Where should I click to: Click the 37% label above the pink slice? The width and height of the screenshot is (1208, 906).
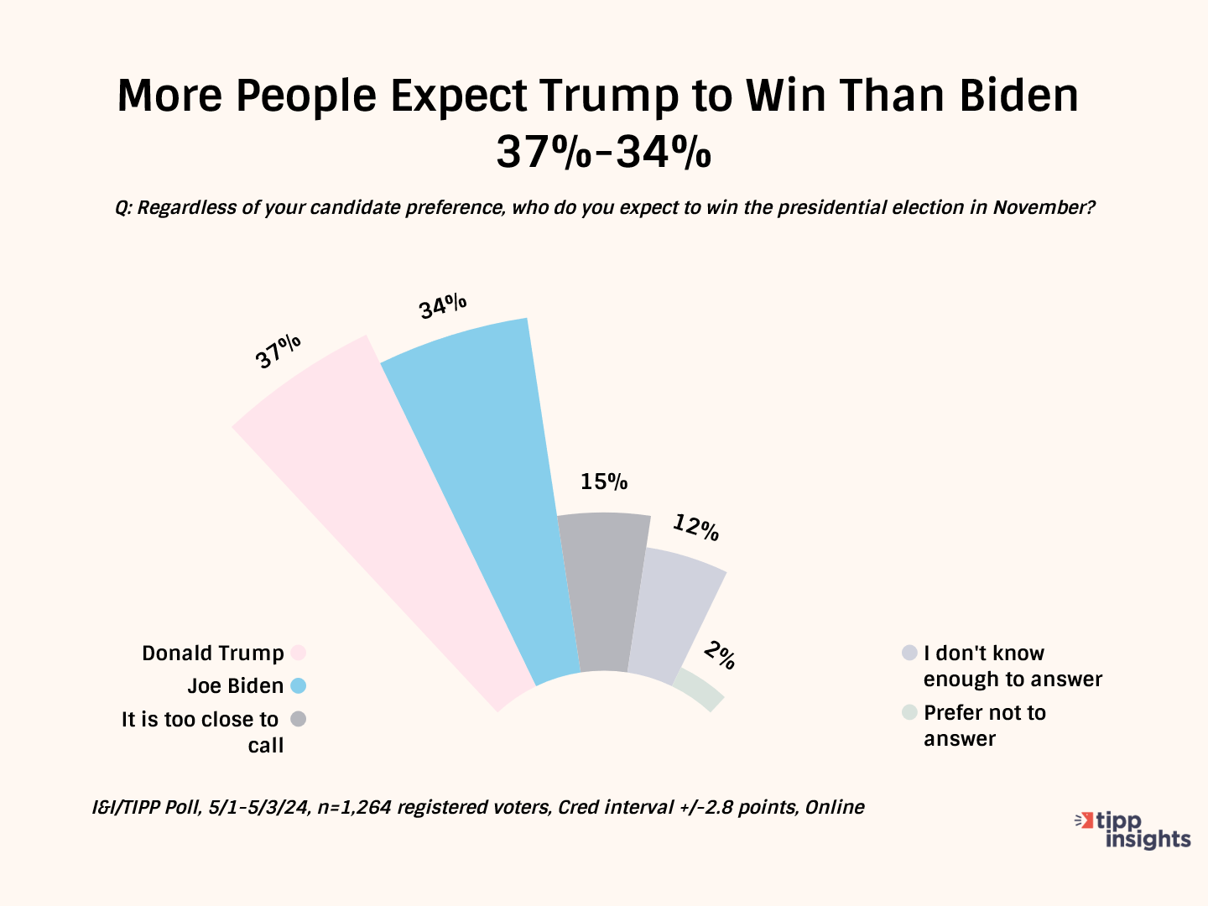(279, 351)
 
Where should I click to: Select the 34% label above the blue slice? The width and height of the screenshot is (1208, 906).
(443, 306)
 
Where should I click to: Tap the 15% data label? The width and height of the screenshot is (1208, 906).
(604, 482)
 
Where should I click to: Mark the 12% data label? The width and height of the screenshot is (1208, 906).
(695, 528)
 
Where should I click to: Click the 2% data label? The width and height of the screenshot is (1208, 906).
(720, 654)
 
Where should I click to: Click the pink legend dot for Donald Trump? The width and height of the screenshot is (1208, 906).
(298, 653)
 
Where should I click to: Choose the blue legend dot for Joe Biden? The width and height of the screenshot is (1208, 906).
(298, 685)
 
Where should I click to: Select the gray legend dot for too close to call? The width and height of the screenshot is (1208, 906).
(298, 719)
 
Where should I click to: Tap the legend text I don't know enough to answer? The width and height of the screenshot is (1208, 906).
(1013, 666)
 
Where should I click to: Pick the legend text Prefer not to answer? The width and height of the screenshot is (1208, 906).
(985, 726)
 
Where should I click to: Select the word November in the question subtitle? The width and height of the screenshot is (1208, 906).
(1044, 207)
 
